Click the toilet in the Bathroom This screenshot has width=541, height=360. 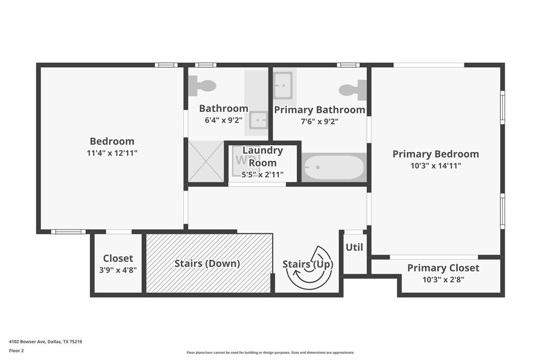(203, 86)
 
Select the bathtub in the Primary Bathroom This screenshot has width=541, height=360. (333, 167)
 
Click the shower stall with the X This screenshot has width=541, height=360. (206, 162)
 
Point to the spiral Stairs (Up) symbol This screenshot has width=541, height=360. (310, 268)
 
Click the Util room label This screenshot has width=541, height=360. (354, 247)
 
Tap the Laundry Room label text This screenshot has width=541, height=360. (263, 156)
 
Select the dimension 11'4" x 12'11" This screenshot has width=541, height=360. (112, 153)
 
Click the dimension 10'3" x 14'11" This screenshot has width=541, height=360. (435, 166)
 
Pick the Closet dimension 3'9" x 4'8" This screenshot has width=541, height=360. (118, 270)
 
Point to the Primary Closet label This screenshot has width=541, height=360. (443, 268)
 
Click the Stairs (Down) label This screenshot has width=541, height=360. (207, 263)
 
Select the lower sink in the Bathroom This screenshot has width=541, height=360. (258, 120)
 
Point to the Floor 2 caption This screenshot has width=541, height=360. (16, 350)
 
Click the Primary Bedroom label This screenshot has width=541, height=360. (435, 154)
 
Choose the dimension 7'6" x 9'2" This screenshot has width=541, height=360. (319, 121)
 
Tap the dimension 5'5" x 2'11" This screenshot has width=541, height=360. (263, 175)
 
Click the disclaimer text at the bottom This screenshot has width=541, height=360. (270, 353)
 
